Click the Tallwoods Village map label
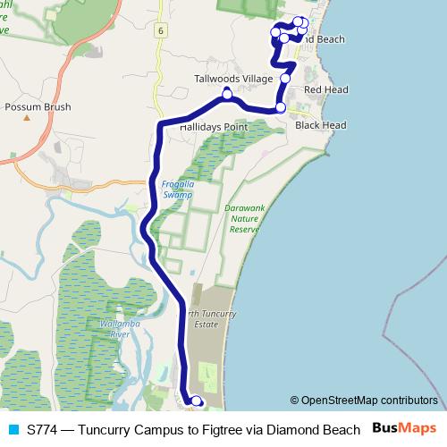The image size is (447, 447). pos(233,80)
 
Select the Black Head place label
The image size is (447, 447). pos(320,126)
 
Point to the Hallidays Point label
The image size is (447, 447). pos(213,128)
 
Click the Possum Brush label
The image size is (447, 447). pos(37,106)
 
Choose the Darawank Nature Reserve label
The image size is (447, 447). pos(243,218)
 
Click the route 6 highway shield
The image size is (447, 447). pos(160,30)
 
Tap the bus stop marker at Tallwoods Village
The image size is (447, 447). pos(227,93)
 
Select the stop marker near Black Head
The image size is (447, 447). pos(281,107)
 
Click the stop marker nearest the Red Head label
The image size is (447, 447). pos(285,79)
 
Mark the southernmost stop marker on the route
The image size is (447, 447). pos(197,402)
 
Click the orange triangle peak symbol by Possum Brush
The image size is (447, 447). pos(27,117)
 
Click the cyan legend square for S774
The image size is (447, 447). pos(13,428)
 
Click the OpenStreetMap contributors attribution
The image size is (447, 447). pos(369,400)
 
